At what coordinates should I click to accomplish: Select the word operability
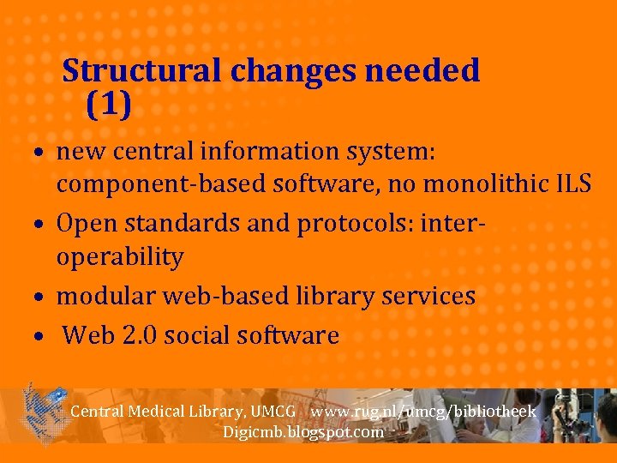point(120,257)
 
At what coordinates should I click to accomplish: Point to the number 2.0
point(135,335)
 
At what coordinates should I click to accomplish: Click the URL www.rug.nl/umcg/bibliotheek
point(423,412)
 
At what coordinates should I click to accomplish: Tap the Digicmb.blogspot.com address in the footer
point(303,432)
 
